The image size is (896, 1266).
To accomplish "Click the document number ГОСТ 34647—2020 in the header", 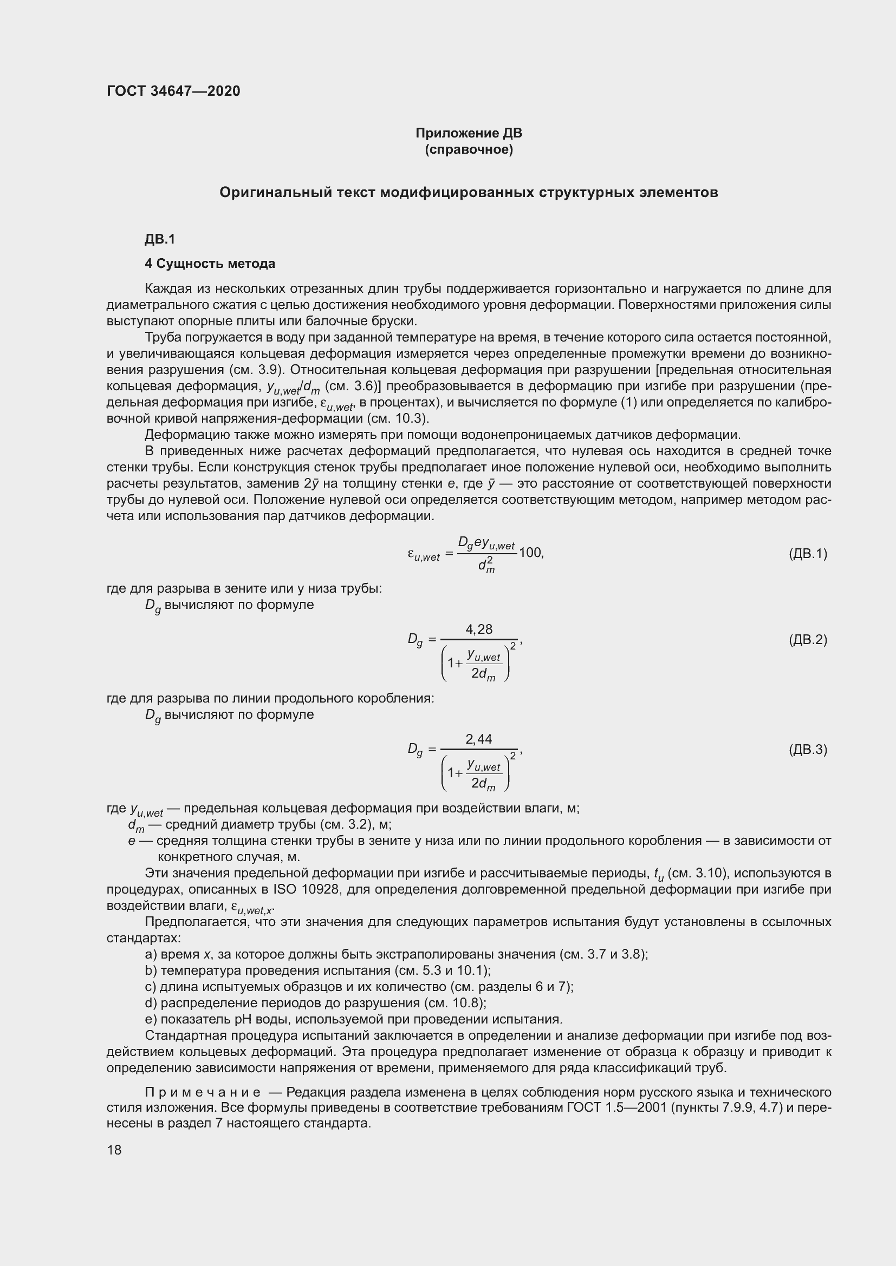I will point(174,91).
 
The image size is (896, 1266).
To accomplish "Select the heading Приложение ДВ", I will point(469,133).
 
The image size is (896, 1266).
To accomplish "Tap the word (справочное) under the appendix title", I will point(469,149).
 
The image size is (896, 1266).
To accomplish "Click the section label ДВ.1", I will point(160,239).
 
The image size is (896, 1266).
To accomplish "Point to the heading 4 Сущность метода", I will point(210,264).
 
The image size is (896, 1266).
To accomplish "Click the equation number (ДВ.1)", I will point(808,554).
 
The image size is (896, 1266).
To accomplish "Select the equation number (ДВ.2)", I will point(808,640).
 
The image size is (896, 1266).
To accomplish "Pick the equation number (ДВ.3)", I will point(808,749).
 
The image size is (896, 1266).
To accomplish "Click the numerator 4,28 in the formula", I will point(479,629).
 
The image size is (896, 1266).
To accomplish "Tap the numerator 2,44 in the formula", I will point(479,739).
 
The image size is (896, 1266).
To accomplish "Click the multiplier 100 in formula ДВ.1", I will point(530,553).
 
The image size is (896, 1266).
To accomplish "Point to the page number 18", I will point(114,1150).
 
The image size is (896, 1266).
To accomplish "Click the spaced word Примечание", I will point(203,1092).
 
